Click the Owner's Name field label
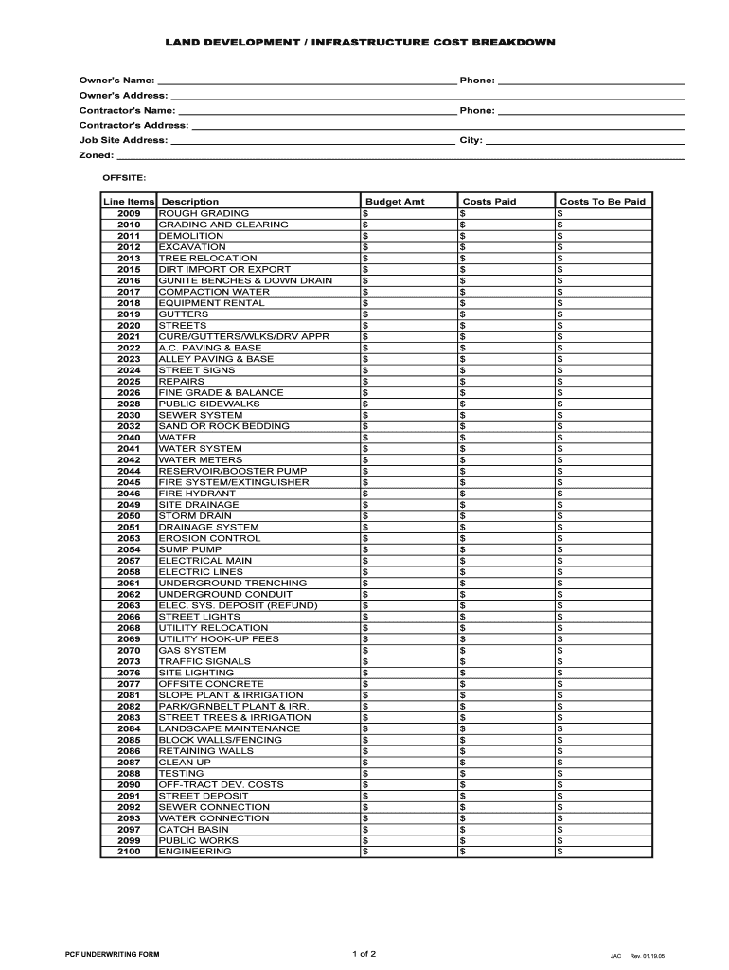116,81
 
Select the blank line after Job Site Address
312,141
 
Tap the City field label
471,140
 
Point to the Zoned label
96,155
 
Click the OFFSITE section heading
124,177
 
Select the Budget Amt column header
395,202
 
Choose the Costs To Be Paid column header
602,202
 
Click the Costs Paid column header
489,202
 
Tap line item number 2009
129,213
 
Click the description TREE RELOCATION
207,258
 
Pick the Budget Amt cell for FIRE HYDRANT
408,494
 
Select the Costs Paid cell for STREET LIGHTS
506,617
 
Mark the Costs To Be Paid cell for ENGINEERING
603,852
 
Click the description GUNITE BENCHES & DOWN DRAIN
245,280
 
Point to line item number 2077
129,684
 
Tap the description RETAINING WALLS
205,751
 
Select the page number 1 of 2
364,953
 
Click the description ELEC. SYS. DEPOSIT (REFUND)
238,605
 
